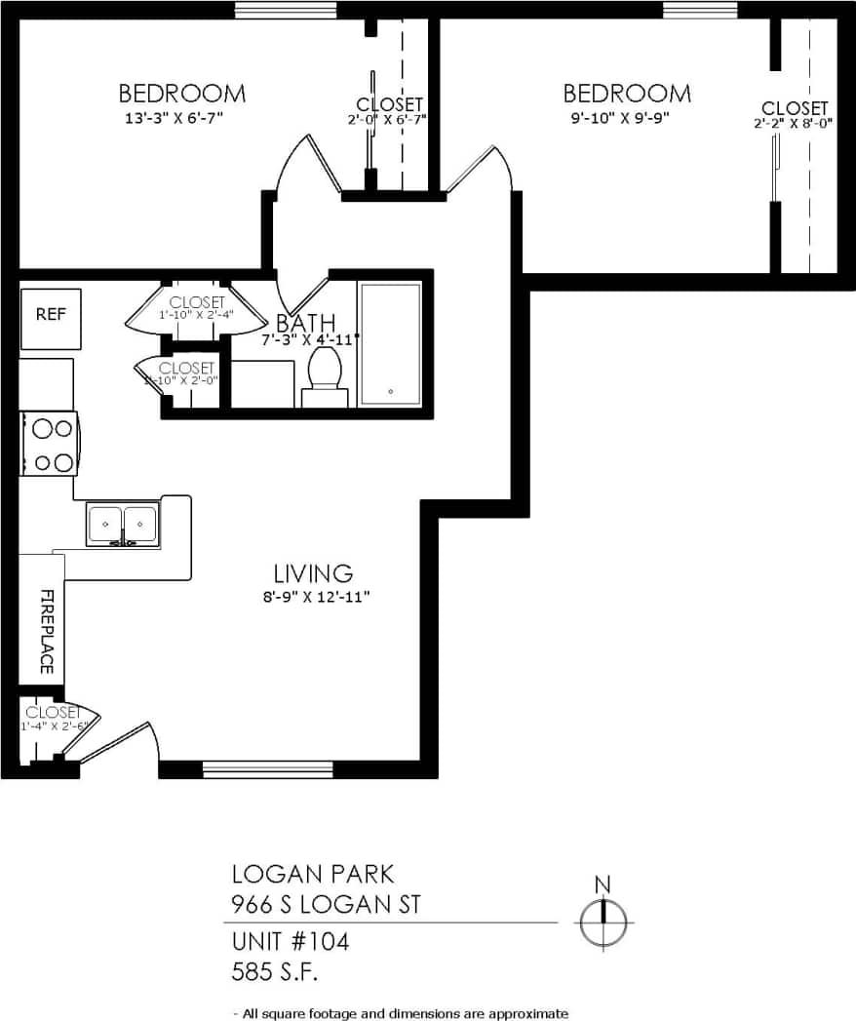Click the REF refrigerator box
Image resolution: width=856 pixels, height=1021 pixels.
[51, 316]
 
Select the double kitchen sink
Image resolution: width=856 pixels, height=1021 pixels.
[123, 525]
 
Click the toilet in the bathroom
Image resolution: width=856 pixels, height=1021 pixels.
[325, 375]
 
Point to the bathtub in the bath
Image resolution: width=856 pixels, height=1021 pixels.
[390, 344]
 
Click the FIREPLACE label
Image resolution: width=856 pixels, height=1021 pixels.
[45, 631]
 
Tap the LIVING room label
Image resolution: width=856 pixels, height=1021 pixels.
[312, 572]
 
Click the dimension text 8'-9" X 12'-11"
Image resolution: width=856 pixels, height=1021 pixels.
[312, 597]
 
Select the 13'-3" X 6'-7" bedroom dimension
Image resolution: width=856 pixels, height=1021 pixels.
[181, 118]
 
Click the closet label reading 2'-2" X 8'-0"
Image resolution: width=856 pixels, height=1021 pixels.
[794, 124]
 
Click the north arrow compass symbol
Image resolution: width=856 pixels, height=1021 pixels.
[603, 920]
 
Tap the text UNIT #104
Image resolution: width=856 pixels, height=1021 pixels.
[290, 942]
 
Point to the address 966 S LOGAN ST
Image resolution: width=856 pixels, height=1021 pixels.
[326, 904]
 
